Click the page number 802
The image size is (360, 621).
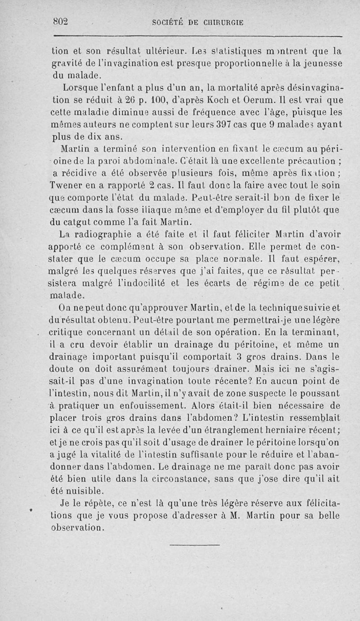(x=60, y=22)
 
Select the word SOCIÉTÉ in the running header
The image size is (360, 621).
(x=168, y=23)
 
